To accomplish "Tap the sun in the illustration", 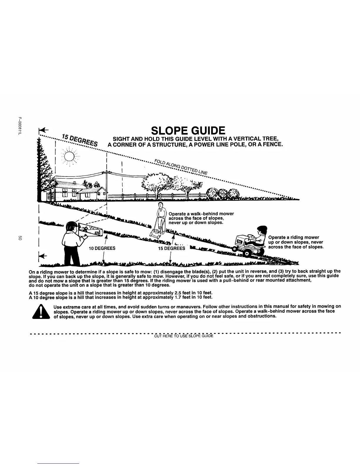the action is (69, 156).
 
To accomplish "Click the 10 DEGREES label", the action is (102, 248).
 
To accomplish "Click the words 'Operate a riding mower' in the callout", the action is (294, 237).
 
